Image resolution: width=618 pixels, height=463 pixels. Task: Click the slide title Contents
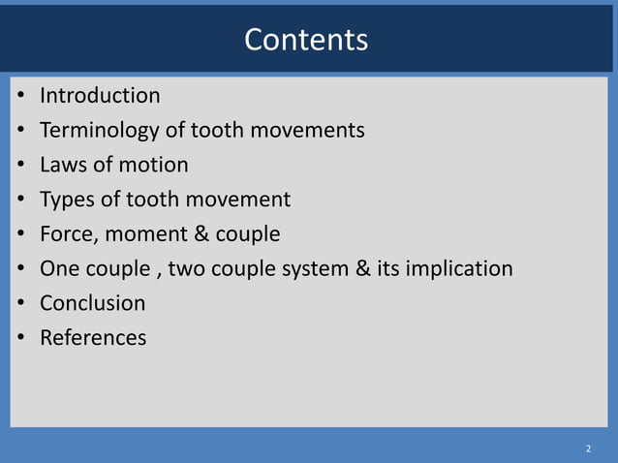point(306,40)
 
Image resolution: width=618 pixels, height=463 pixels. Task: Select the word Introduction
point(100,96)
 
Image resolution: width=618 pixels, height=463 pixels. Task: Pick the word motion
point(155,165)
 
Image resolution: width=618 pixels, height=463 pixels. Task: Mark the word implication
point(460,269)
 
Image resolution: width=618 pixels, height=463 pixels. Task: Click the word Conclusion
point(92,303)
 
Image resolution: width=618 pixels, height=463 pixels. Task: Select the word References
point(93,338)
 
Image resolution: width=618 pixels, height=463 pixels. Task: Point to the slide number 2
point(587,449)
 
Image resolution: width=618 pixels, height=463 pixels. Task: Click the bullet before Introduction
point(20,97)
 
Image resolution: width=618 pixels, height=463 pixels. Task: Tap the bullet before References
point(20,339)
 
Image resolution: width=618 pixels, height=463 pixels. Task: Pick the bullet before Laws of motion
point(20,166)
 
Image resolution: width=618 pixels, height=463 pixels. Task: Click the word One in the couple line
point(59,269)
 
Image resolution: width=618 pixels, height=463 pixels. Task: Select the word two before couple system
point(188,269)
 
